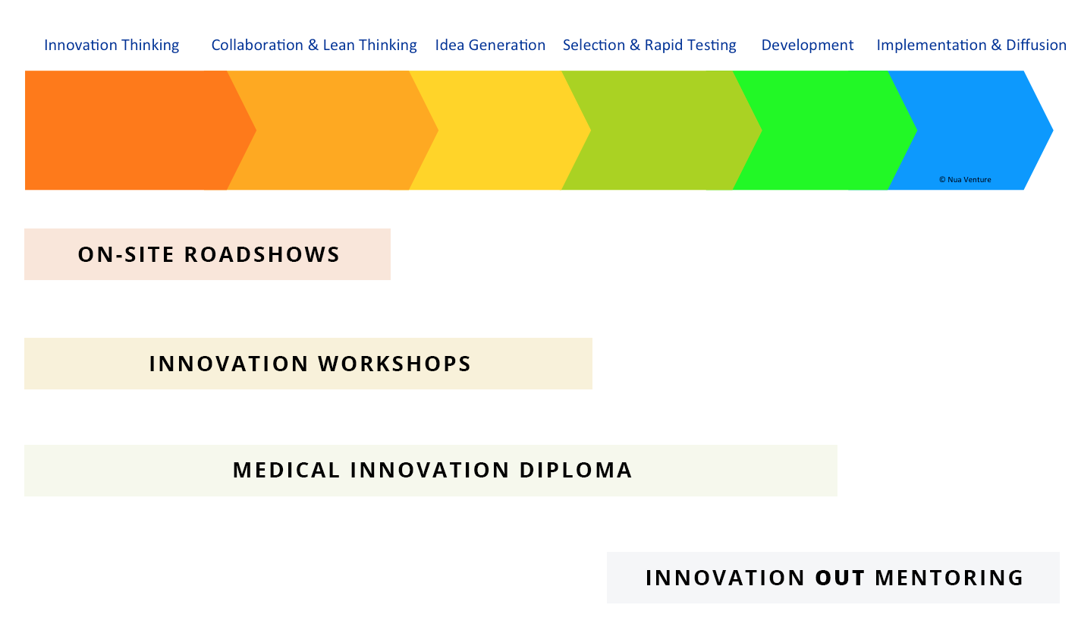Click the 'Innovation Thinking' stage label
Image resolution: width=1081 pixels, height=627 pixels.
click(112, 46)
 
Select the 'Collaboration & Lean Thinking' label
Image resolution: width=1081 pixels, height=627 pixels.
click(314, 46)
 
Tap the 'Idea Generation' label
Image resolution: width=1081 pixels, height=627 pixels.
click(490, 46)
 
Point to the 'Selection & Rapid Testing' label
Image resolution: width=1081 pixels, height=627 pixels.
click(649, 46)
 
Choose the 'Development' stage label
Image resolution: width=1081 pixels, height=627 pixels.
click(807, 46)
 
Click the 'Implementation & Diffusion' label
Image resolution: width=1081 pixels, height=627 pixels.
click(971, 46)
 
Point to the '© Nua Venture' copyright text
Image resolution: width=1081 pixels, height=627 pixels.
click(965, 180)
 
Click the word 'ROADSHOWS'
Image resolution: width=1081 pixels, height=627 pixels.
click(262, 254)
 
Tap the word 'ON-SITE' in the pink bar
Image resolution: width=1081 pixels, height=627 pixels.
click(125, 254)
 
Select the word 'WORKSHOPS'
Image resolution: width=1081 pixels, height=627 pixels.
click(394, 364)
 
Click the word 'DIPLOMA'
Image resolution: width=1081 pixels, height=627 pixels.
click(575, 470)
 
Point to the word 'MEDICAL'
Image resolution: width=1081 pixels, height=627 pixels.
click(286, 470)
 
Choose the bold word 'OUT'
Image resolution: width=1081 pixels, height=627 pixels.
click(840, 578)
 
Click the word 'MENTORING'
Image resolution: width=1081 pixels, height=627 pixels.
click(949, 578)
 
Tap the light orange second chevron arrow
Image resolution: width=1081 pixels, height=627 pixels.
click(333, 131)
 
